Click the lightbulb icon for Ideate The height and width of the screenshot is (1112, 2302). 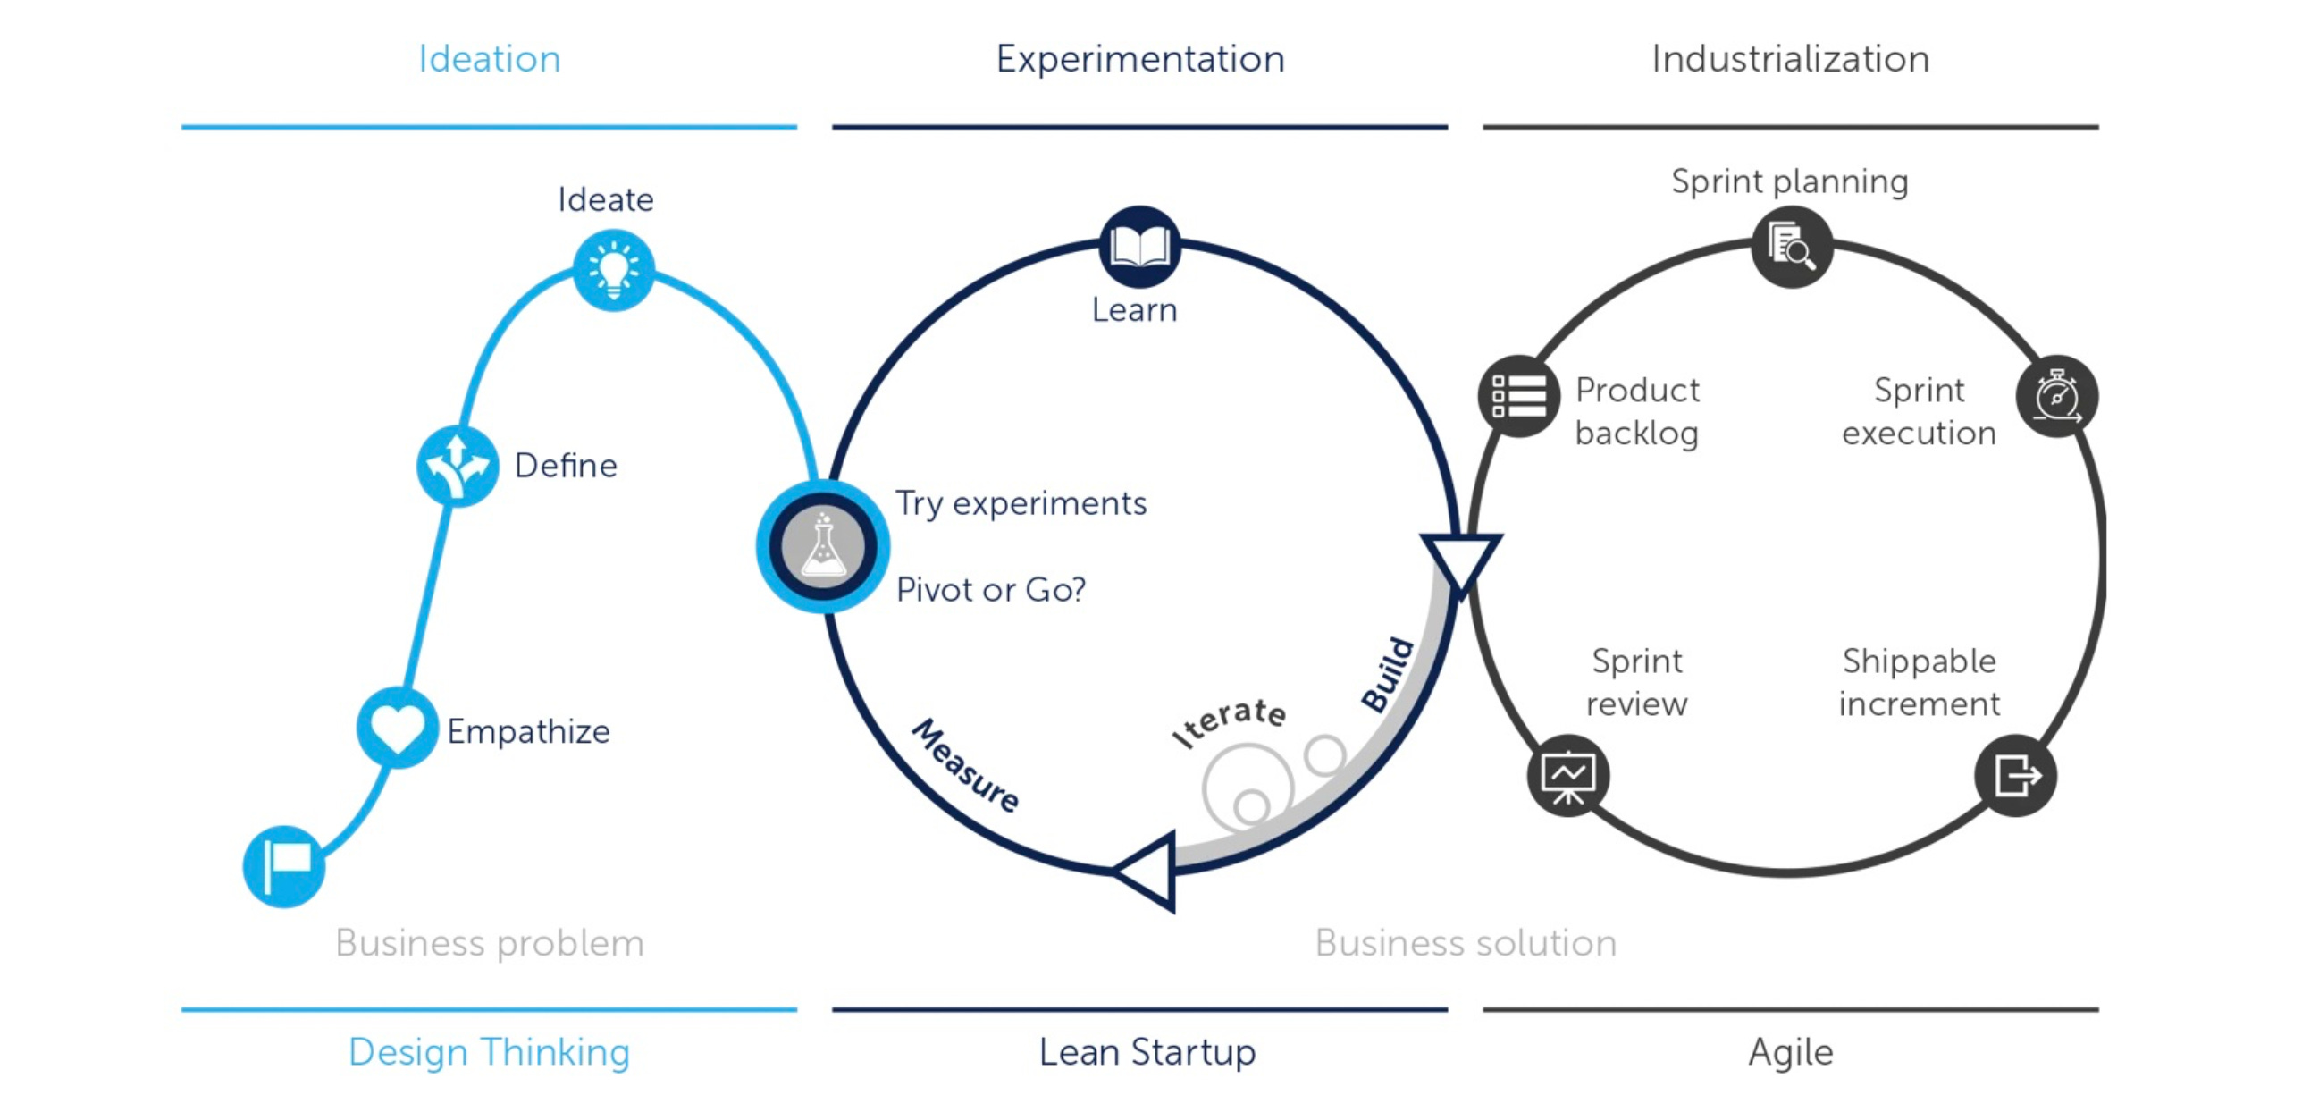(x=613, y=270)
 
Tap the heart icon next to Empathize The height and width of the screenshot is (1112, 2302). (x=398, y=728)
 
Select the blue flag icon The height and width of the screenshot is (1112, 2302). (x=284, y=866)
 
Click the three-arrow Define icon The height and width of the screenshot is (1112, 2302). (x=458, y=466)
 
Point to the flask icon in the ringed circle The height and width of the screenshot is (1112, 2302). (x=823, y=546)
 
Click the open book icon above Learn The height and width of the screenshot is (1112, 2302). (x=1139, y=246)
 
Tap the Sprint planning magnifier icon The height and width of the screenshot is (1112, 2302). (x=1792, y=247)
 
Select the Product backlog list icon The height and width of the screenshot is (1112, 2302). (x=1518, y=396)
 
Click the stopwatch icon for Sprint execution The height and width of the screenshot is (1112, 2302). (x=2057, y=396)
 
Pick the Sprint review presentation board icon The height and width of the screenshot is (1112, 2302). (x=1568, y=775)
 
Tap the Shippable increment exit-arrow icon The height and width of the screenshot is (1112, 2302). (x=2015, y=775)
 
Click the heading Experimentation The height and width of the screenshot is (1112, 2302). (x=1140, y=59)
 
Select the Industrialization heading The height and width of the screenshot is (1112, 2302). (x=1790, y=59)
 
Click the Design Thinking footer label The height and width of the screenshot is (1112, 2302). (x=489, y=1051)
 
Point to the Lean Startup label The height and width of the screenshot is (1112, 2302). (x=1147, y=1051)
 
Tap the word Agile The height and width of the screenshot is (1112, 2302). (x=1791, y=1051)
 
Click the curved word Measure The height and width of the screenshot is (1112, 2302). (x=965, y=765)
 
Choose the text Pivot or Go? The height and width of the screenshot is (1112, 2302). (x=991, y=590)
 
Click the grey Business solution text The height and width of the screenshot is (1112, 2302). (x=1466, y=943)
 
